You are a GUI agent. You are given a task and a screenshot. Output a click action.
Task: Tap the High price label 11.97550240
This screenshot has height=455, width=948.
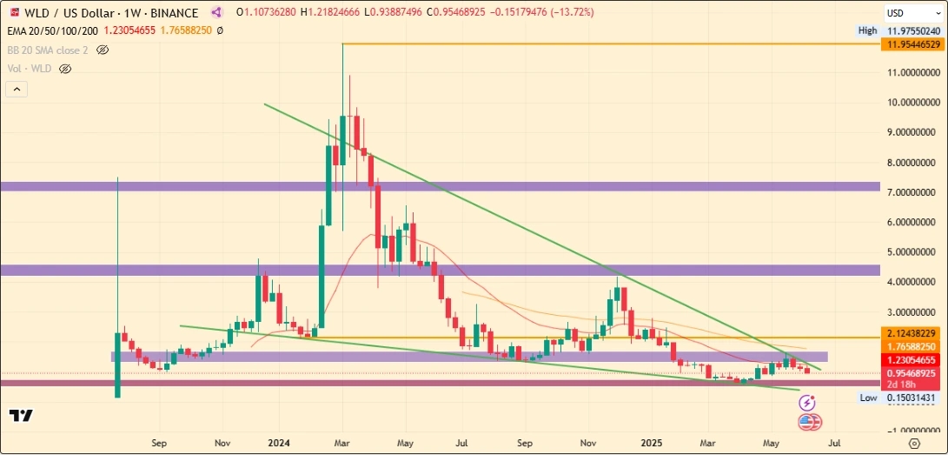point(913,30)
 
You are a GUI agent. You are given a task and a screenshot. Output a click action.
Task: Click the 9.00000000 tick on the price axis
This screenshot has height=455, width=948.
point(913,132)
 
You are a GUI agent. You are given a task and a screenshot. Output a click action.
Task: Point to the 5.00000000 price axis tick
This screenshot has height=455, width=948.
point(913,252)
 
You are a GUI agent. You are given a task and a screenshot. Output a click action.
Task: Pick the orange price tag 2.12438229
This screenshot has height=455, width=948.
point(913,333)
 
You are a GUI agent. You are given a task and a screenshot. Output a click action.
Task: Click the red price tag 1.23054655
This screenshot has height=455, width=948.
point(913,360)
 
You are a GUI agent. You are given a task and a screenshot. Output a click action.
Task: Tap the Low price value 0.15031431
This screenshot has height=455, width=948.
point(913,398)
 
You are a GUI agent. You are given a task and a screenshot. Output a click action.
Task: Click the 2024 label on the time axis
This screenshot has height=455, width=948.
point(280,442)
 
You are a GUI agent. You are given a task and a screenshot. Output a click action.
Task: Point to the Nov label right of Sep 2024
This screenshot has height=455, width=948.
point(588,442)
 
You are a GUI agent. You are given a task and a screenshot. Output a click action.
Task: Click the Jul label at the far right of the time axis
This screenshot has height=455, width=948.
point(834,442)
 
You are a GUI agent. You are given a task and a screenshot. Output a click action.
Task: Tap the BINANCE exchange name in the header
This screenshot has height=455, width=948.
point(173,13)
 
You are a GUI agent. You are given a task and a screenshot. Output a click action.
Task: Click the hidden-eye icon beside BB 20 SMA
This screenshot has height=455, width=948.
point(103,50)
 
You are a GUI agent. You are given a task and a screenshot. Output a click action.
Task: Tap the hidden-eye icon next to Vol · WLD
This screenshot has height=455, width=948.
point(64,68)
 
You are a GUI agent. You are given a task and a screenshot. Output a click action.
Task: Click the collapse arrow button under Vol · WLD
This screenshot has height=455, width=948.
point(17,89)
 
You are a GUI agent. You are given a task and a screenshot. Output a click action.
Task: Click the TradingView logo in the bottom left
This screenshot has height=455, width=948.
point(22,416)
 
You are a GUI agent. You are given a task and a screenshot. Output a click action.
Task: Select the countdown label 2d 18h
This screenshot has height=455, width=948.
point(901,384)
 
